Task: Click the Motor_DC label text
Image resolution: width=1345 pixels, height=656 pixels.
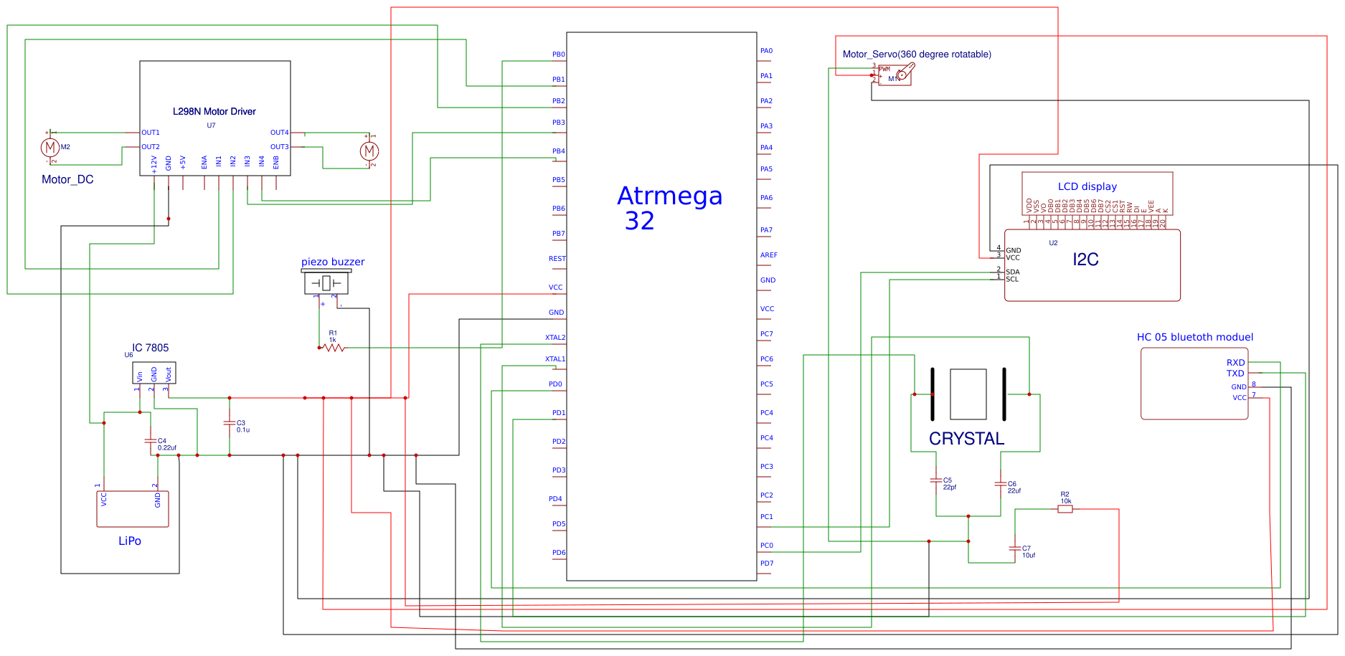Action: [67, 179]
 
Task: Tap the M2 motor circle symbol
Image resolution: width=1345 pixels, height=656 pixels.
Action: [49, 148]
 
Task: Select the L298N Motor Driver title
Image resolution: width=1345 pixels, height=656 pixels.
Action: [214, 111]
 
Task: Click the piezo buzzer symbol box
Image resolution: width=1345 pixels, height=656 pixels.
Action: [326, 283]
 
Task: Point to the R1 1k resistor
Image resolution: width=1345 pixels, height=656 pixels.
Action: [334, 348]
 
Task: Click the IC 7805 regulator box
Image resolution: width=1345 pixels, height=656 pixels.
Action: [154, 374]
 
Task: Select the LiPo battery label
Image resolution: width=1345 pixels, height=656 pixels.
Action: [130, 541]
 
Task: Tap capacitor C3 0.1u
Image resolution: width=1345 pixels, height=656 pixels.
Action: [230, 424]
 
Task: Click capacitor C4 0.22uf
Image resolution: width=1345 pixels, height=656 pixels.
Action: [151, 441]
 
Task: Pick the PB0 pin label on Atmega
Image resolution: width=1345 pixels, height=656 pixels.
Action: [558, 54]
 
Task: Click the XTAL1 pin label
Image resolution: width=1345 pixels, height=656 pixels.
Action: [555, 359]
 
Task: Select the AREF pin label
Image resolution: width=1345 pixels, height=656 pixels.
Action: [768, 255]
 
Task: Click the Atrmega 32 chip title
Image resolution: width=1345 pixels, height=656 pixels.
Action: [669, 208]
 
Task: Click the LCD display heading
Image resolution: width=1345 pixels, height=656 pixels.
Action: [1087, 186]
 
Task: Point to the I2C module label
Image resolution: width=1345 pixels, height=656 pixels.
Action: [1085, 260]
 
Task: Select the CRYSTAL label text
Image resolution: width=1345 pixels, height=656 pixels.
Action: [966, 439]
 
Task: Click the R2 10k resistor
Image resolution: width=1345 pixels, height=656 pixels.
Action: [1065, 508]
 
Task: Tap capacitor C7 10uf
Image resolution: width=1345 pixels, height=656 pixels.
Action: [1015, 548]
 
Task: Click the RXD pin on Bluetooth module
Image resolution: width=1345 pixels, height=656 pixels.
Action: [1235, 363]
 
